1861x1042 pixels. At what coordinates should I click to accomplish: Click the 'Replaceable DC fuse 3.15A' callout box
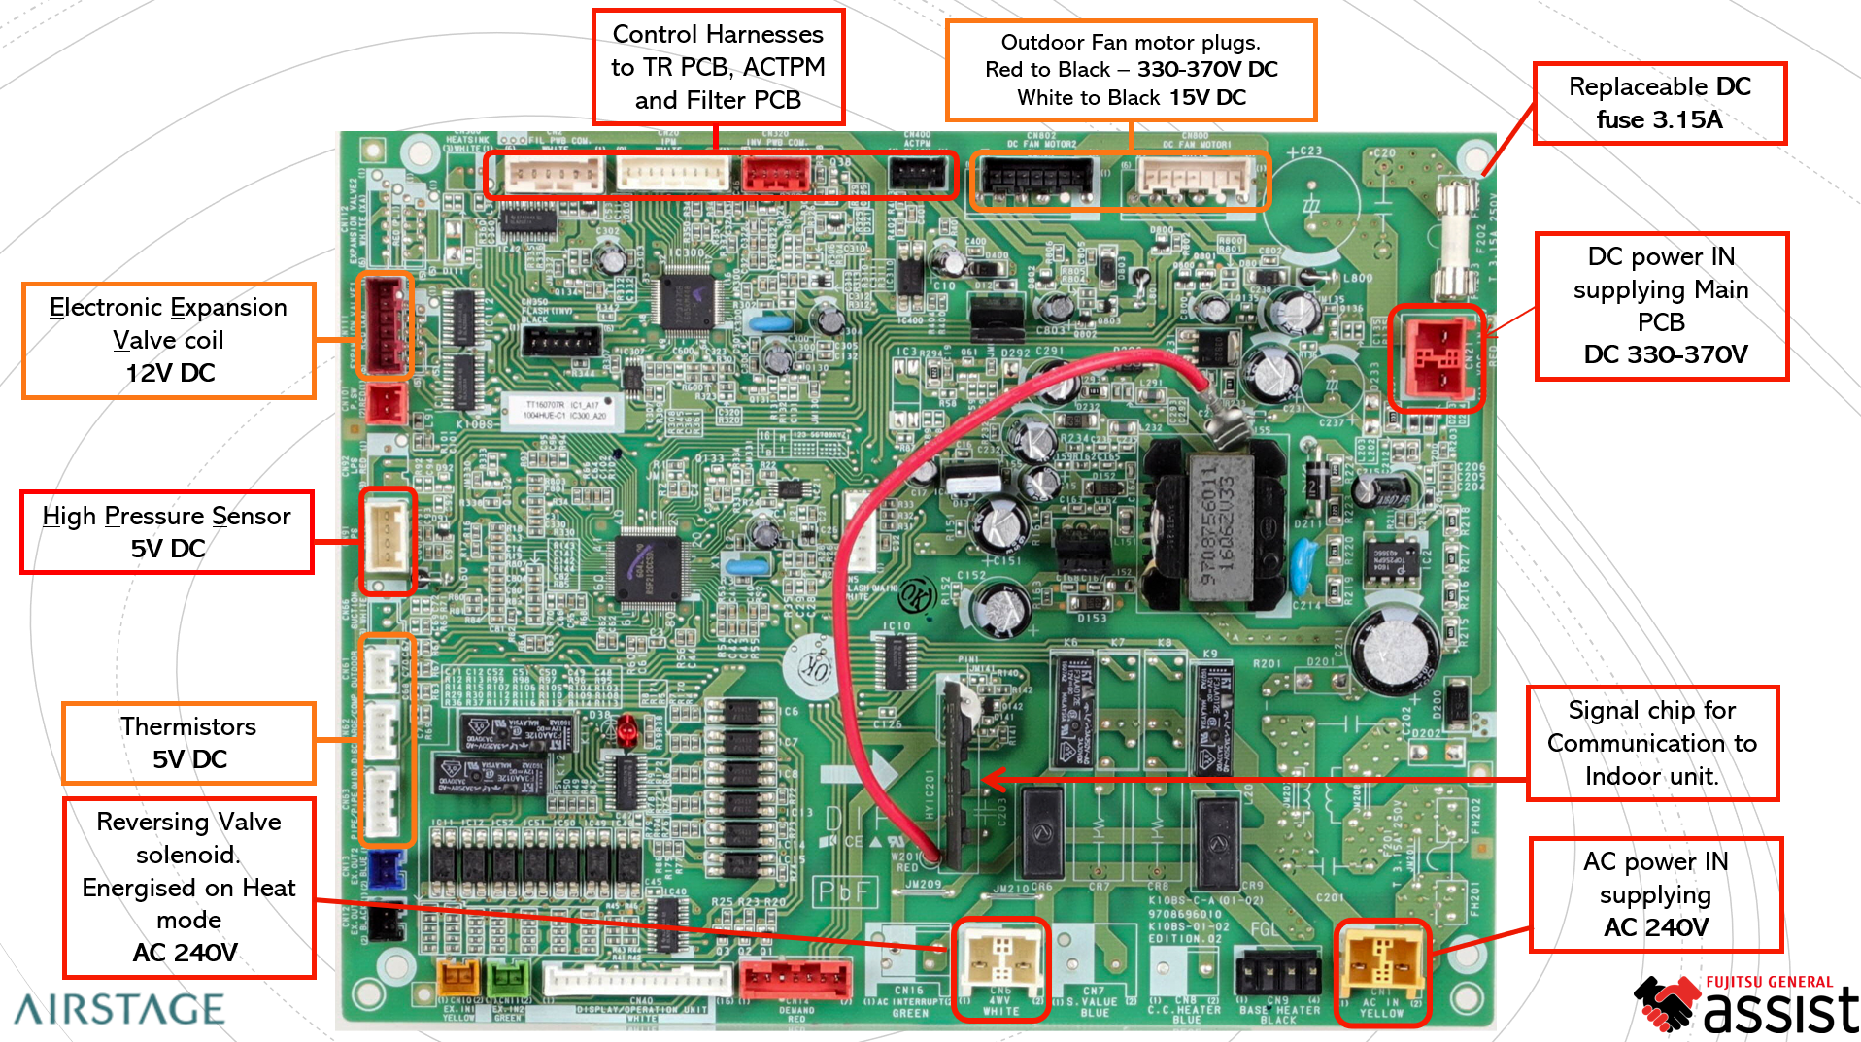[1659, 104]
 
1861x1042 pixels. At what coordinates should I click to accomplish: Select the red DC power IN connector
[1436, 356]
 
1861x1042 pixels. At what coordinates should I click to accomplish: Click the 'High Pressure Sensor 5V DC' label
[167, 532]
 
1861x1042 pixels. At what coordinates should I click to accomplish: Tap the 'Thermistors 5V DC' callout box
[188, 743]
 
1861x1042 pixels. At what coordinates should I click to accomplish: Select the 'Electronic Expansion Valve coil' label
[169, 340]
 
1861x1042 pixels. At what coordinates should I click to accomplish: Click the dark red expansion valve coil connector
[386, 324]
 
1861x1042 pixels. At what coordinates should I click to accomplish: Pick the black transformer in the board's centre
[1214, 524]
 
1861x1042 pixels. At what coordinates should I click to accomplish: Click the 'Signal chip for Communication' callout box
[1651, 743]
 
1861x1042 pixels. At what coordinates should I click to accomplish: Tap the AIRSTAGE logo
[119, 1010]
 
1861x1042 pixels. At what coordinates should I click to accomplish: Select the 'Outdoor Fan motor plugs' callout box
[1131, 70]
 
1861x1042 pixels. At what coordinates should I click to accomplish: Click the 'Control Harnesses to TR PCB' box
[718, 67]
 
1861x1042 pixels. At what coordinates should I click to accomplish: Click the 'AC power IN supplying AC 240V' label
[1655, 894]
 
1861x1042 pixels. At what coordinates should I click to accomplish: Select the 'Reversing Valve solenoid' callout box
[188, 888]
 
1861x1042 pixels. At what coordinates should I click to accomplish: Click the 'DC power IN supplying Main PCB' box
[1661, 306]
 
